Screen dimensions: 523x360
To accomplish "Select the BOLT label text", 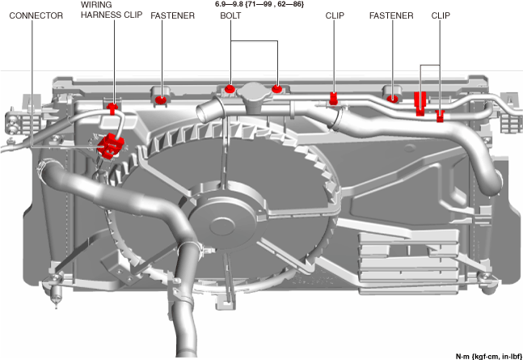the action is (230, 15).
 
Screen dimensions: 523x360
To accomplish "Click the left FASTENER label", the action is (172, 15).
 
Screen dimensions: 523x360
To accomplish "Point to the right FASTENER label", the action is (391, 15).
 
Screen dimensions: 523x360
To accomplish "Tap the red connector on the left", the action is (108, 146).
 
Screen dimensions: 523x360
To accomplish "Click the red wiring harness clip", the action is (112, 107).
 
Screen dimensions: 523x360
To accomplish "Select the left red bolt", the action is (230, 87).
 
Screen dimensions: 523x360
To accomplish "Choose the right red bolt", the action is (277, 87).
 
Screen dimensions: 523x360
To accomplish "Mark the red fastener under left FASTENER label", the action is (161, 99).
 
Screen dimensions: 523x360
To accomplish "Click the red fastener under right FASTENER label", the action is (393, 99).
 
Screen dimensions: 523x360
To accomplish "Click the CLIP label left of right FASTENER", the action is (335, 15).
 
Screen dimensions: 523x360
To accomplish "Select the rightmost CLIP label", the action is (441, 15).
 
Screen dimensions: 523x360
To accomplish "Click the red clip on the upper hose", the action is (333, 100).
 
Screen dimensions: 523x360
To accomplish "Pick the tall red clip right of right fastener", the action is (420, 104).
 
